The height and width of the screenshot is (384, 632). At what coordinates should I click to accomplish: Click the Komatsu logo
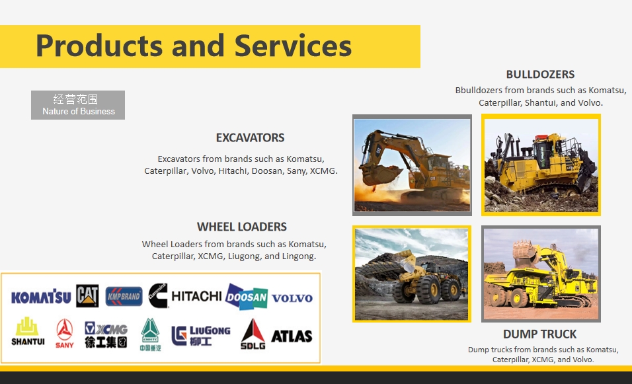click(41, 297)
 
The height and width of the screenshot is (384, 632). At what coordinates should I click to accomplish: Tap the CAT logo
click(87, 296)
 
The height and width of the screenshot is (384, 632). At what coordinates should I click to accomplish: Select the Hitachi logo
click(196, 296)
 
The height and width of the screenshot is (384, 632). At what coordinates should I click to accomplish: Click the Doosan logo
click(247, 297)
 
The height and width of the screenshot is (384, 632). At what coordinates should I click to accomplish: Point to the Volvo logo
click(292, 298)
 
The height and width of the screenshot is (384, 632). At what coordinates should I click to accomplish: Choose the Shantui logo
click(28, 332)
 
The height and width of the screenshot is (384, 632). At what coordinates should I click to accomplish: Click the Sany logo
click(65, 334)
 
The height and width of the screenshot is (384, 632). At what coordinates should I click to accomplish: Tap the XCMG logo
click(106, 334)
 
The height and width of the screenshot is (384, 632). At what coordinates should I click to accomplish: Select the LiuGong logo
click(201, 335)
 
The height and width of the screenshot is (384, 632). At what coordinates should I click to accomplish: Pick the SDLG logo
click(253, 334)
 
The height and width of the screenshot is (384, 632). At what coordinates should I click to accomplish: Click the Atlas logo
click(292, 336)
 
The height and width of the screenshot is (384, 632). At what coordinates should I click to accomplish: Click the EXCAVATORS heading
click(250, 138)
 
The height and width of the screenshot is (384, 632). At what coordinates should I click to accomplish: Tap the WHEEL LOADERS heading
click(242, 227)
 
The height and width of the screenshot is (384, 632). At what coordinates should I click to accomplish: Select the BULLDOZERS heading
click(540, 75)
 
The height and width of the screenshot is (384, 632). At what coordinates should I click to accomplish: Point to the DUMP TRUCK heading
click(539, 334)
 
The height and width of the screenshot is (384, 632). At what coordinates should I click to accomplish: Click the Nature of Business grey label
click(78, 105)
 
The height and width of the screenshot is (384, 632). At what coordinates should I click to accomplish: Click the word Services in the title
click(293, 46)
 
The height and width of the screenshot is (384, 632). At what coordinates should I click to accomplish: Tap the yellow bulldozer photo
click(541, 165)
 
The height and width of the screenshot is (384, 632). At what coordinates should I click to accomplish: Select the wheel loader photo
click(412, 274)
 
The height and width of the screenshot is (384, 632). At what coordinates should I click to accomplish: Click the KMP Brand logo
click(124, 296)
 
